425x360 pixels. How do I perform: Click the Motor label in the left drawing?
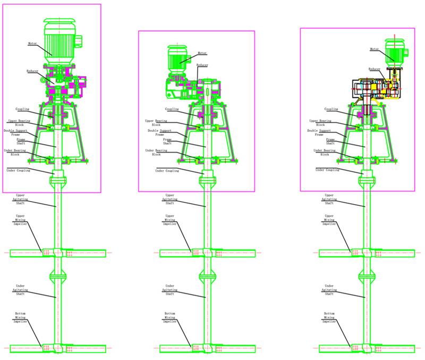pos(34,43)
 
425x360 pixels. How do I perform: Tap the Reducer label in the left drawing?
pos(33,71)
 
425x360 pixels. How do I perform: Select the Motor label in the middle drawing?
pos(202,53)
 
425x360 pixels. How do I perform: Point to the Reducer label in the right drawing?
pos(375,69)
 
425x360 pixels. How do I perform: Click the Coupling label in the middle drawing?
pos(172,110)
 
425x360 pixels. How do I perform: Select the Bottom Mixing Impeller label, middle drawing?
pos(170,317)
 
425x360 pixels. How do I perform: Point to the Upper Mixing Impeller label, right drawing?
pos(329,220)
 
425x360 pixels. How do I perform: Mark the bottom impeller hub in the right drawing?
pos(364,348)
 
